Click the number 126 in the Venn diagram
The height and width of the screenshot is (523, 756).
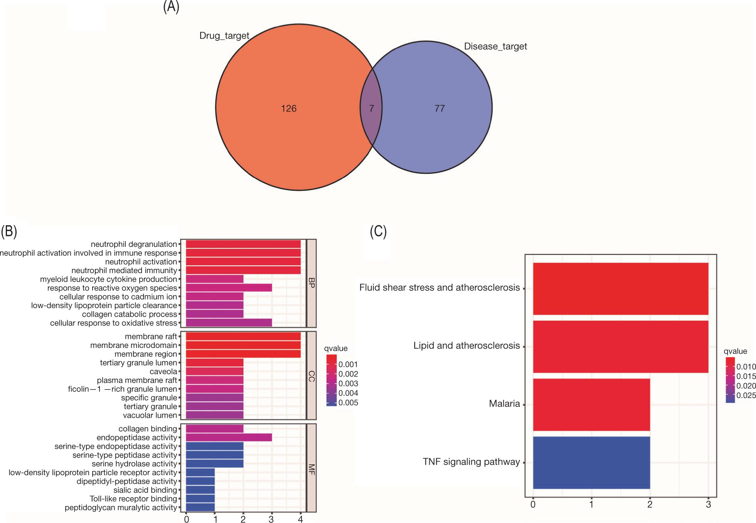tap(289, 109)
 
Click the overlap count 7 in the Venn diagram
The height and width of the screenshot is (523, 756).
tap(371, 109)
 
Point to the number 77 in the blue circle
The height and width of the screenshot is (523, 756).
tap(440, 109)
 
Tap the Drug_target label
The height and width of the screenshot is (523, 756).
tap(224, 36)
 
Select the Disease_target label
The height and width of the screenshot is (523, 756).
tap(495, 46)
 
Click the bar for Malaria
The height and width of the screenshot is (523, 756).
tap(591, 405)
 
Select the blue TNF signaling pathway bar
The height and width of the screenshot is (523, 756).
tap(591, 462)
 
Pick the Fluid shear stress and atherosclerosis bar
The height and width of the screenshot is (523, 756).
tap(620, 288)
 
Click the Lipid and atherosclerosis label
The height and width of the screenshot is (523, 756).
tap(466, 346)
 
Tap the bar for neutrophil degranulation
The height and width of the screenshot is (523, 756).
tap(243, 244)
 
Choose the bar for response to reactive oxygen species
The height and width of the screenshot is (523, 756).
tap(229, 288)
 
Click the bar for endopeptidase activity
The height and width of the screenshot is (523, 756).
tap(229, 437)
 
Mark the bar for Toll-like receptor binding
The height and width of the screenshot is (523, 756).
tap(200, 499)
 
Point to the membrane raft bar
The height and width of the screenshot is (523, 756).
tap(243, 337)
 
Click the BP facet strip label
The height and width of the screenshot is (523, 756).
tap(312, 283)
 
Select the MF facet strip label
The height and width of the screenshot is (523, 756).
tap(312, 468)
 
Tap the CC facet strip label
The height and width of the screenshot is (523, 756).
tap(312, 376)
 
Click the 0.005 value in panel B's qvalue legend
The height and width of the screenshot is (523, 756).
tap(348, 403)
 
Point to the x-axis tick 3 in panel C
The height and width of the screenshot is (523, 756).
tap(708, 504)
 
